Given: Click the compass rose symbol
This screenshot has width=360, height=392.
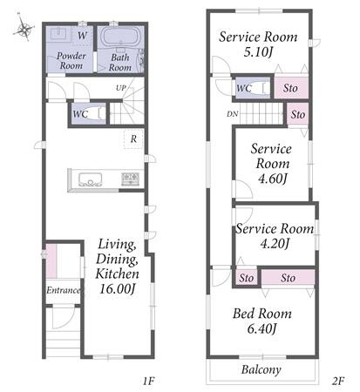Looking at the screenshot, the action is [x=24, y=28].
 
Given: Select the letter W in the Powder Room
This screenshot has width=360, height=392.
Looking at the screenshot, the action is [x=82, y=36].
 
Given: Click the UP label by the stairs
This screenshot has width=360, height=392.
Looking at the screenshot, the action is [x=121, y=88].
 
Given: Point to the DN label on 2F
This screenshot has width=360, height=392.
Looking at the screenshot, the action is [x=232, y=114].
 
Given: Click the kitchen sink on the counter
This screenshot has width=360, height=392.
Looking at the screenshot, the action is [x=90, y=179].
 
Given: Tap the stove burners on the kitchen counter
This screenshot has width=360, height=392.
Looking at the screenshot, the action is [x=130, y=179].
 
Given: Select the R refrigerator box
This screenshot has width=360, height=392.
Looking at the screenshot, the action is [x=133, y=139].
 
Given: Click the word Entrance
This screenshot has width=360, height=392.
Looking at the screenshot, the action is [x=63, y=290].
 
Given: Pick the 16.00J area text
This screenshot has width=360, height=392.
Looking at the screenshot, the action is [x=118, y=288].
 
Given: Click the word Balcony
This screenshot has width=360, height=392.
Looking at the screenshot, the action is [x=262, y=369].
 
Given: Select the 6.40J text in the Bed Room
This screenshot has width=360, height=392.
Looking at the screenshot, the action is [x=262, y=328].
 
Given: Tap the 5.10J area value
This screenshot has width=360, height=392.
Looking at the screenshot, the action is [x=258, y=52].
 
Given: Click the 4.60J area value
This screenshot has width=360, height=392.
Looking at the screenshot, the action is [x=273, y=179].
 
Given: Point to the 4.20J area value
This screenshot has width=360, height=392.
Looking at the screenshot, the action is [x=275, y=243].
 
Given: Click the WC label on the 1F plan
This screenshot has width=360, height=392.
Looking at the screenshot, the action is [x=80, y=114].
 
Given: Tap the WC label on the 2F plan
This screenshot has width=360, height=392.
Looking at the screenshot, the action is [x=244, y=88].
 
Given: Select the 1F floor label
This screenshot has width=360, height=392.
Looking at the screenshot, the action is [x=148, y=381].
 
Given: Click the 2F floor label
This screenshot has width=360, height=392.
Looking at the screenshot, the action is [x=338, y=381].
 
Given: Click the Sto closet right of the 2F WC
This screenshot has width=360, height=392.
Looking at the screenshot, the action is [x=291, y=88].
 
